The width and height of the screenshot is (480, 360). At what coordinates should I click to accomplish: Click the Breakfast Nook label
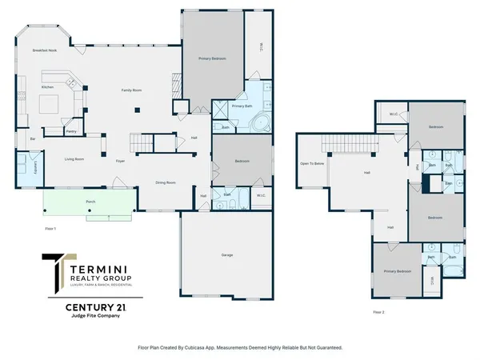pos(44,50)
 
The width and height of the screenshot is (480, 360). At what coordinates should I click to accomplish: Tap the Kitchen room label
pos(47,86)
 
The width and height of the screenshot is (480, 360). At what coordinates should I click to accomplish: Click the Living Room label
pos(74,159)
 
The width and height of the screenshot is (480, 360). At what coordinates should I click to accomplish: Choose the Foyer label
pos(120,161)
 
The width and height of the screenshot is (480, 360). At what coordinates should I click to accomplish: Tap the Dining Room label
pos(166,183)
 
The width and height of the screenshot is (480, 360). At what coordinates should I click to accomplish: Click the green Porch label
pos(90,202)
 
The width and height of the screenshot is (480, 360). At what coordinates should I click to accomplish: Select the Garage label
pos(227,255)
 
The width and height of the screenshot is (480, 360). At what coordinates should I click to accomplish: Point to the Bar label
pos(33,138)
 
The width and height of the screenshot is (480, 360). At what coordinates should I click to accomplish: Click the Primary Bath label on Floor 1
pos(242,106)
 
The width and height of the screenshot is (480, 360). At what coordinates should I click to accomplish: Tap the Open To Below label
pos(312,163)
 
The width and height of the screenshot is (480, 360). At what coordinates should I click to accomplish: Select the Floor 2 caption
pos(379,312)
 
